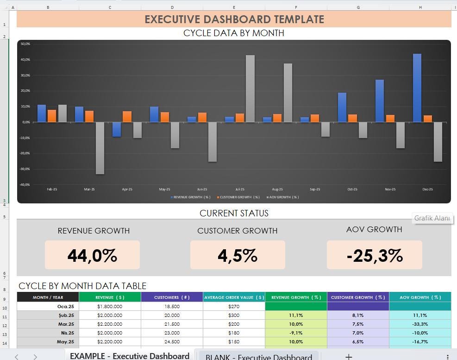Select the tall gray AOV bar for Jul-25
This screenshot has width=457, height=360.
tap(250, 88)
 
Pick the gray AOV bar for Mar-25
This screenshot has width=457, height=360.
tap(100, 148)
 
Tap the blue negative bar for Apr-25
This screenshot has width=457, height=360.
tap(117, 129)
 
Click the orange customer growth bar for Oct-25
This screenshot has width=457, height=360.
tap(352, 118)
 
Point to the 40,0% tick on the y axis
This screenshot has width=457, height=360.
tap(25, 60)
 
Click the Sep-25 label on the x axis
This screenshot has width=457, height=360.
tap(315, 189)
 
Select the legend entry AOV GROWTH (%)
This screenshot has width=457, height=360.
tap(284, 197)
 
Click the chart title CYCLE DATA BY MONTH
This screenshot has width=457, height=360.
tap(234, 33)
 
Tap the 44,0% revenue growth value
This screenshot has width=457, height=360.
tap(92, 255)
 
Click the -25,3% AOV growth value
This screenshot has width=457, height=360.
tap(374, 255)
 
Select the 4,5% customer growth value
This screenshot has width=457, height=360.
tap(238, 255)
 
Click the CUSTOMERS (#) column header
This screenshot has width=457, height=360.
tap(172, 297)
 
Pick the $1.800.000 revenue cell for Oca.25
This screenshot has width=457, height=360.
tap(110, 307)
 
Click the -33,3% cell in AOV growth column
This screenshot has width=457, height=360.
tap(419, 324)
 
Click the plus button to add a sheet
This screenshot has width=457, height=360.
tap(349, 356)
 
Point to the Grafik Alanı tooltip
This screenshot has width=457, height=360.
tap(432, 218)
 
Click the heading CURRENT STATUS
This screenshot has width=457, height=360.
tap(234, 214)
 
